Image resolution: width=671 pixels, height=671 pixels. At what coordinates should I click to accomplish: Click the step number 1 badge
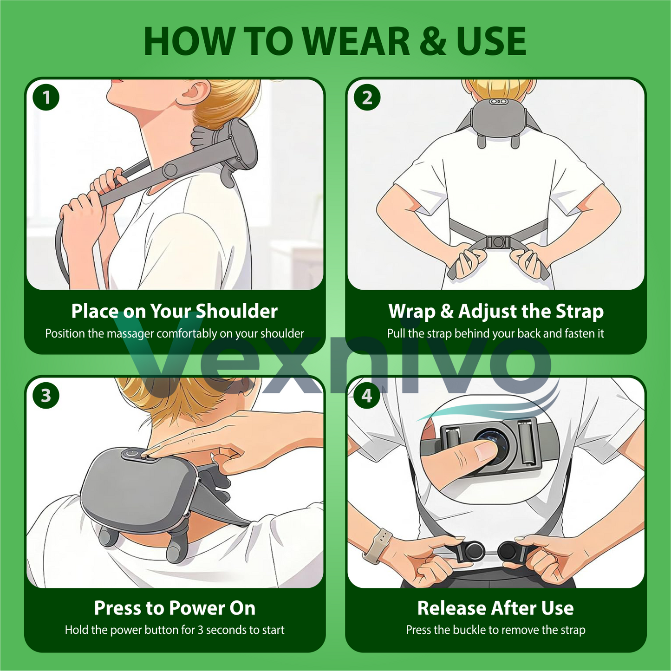point(46,98)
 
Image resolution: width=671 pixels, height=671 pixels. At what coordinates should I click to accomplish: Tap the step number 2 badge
point(367,98)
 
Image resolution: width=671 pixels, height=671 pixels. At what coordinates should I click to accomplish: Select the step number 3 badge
point(46,396)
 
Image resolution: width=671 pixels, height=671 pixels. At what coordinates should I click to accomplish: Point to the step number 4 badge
point(367,396)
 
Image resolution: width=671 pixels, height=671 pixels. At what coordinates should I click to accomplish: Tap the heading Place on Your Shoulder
point(175,311)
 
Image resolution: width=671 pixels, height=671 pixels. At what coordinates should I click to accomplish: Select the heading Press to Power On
point(175,608)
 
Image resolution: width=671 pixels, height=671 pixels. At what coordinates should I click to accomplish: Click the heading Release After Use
point(495,608)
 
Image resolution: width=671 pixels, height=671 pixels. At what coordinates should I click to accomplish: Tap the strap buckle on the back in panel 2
point(498,242)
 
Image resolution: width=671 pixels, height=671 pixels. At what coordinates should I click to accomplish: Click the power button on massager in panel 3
point(132,453)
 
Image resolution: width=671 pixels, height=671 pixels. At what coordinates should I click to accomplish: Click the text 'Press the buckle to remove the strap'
point(495,630)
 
